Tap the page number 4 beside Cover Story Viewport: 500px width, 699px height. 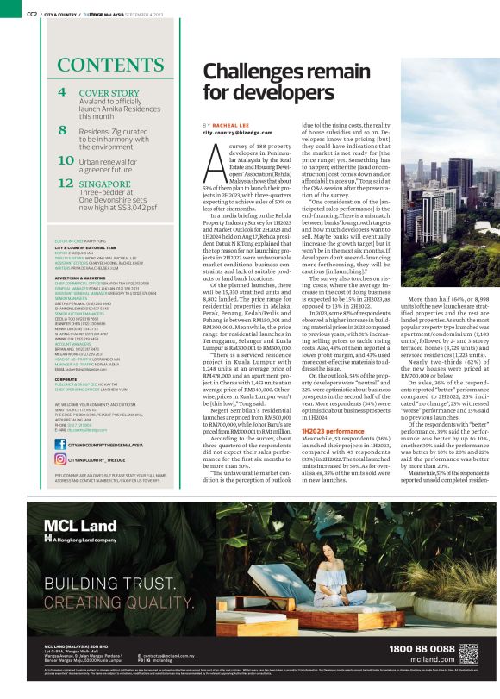click(x=61, y=92)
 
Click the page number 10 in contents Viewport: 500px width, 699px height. click(x=65, y=160)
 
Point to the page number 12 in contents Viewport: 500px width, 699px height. click(x=66, y=183)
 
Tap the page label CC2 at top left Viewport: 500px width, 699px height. click(x=30, y=13)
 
